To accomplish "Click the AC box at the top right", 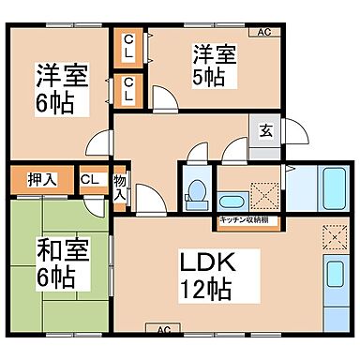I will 263,33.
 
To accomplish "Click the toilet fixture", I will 196,190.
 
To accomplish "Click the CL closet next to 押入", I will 91,178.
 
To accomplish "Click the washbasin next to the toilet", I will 232,201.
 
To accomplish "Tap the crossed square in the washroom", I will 265,192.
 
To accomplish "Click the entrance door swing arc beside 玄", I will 292,131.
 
